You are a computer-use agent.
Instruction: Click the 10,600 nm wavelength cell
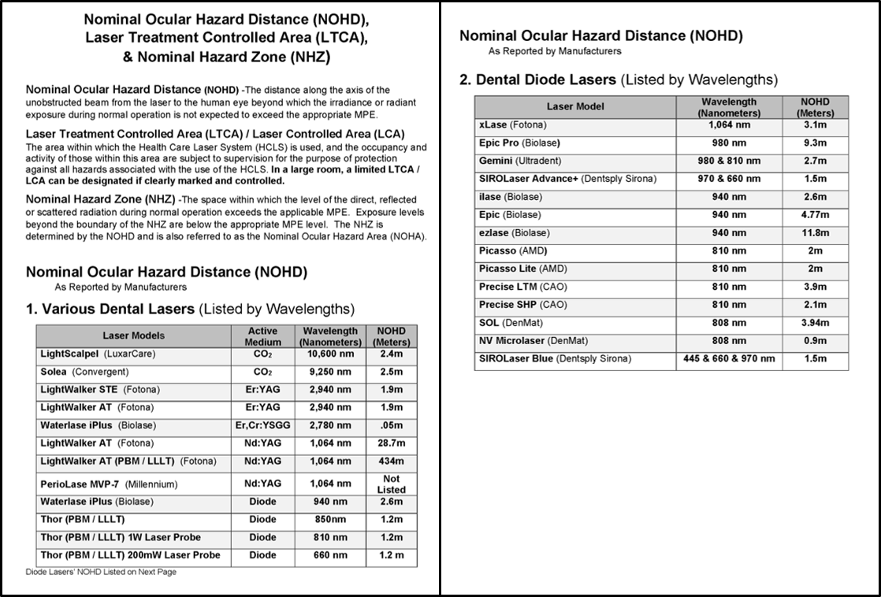(329, 354)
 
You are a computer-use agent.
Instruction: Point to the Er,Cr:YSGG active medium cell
(262, 425)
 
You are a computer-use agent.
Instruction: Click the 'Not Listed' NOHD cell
(391, 484)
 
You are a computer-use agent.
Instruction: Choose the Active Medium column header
(262, 336)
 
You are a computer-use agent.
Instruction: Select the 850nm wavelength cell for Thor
(329, 520)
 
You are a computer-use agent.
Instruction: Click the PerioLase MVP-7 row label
(109, 484)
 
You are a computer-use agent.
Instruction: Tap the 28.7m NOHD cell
(391, 443)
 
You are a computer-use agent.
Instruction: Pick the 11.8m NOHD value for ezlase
(816, 233)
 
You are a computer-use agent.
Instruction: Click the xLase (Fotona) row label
(512, 125)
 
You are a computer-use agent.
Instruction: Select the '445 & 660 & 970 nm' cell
(729, 359)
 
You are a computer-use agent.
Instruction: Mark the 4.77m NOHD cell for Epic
(816, 215)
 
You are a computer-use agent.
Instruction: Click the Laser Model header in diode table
(575, 106)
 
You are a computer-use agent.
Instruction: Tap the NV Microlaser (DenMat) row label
(533, 341)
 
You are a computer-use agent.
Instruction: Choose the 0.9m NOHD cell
(816, 341)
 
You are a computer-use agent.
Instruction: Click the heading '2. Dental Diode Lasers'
(618, 80)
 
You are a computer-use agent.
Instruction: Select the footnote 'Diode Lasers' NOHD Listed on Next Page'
(101, 572)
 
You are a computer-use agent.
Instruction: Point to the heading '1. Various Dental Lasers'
(190, 309)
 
